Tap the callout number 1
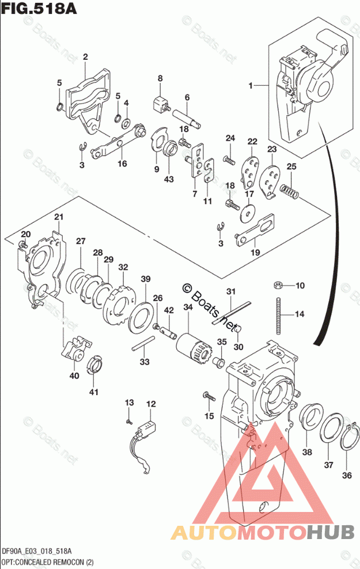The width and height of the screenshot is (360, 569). (251, 86)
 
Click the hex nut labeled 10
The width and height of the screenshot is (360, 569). (277, 285)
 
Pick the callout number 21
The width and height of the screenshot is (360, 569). (58, 217)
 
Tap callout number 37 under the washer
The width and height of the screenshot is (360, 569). (328, 464)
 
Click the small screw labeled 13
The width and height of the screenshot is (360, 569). (130, 421)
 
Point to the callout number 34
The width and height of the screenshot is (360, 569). (188, 308)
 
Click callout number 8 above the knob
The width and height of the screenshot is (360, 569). (160, 78)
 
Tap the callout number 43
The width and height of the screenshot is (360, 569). (169, 179)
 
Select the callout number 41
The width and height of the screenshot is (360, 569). (93, 393)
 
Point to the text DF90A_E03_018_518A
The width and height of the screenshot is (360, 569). (40, 551)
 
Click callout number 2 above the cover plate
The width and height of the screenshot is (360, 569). (85, 56)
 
